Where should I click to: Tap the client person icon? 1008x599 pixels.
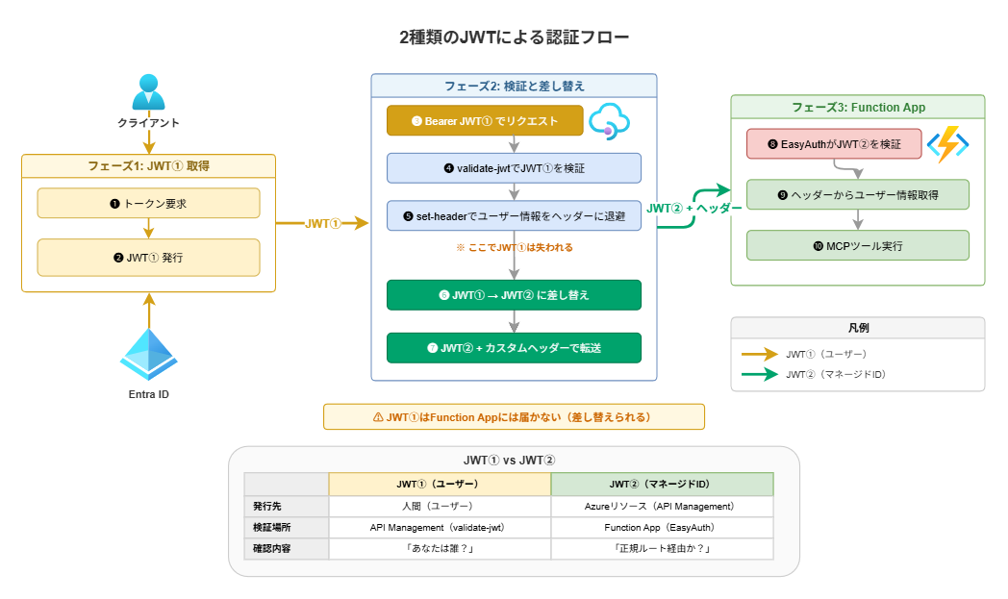pos(148,92)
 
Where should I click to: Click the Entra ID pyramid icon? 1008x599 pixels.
pos(148,355)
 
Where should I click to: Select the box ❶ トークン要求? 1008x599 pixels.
pos(148,203)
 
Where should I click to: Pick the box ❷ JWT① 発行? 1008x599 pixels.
pos(148,258)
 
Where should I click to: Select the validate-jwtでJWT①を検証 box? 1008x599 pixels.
pos(515,167)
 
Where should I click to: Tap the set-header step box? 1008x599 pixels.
pos(515,215)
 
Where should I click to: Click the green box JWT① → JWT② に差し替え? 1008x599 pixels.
pos(515,295)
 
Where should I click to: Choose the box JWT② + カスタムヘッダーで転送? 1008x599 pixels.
pos(515,347)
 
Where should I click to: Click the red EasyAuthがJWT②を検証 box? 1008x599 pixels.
pos(834,143)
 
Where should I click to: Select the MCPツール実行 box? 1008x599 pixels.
pos(857,245)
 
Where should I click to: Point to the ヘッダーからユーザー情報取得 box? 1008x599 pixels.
pos(857,194)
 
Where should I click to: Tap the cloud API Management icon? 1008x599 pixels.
pos(608,121)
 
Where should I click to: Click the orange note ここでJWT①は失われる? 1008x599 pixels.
pos(515,247)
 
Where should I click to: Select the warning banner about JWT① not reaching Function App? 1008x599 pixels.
pos(515,416)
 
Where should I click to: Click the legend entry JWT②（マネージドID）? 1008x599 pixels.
pos(833,374)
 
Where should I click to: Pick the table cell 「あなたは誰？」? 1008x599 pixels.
pos(440,549)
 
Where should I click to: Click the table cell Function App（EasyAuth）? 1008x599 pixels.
pos(662,528)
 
